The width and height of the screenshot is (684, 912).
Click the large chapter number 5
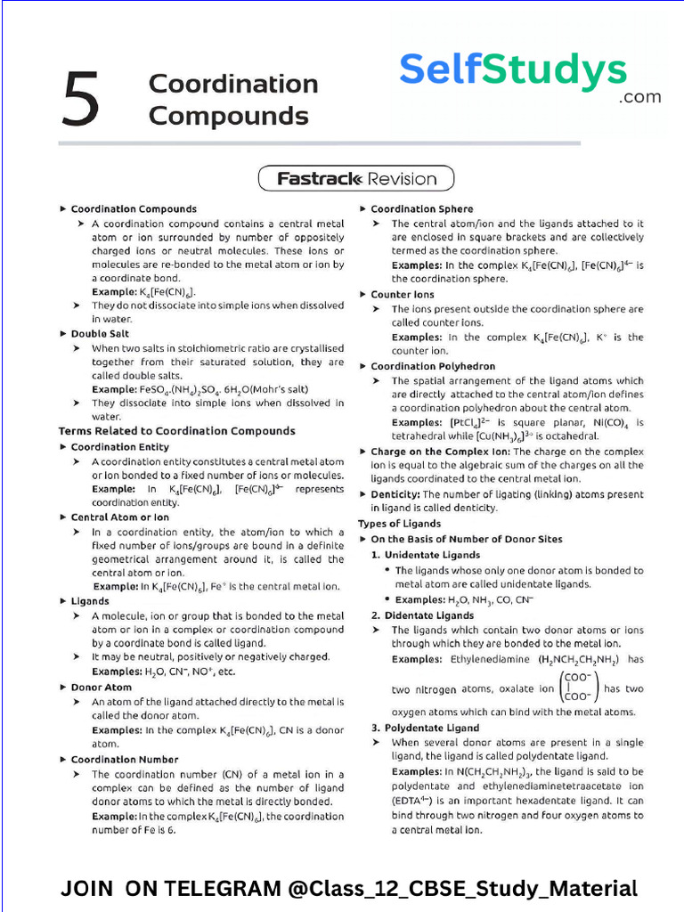click(x=81, y=99)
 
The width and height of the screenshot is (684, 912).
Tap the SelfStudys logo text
click(x=513, y=69)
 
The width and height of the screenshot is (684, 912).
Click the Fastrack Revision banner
click(x=356, y=178)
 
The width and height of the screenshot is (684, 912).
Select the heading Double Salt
click(x=100, y=334)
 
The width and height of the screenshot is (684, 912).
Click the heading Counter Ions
click(x=403, y=294)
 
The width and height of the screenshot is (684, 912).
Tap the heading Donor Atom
click(x=101, y=688)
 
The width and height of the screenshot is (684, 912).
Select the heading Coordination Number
click(x=125, y=760)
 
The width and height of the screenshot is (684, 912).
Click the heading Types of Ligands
click(x=399, y=524)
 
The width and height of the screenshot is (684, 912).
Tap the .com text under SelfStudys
click(x=640, y=97)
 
